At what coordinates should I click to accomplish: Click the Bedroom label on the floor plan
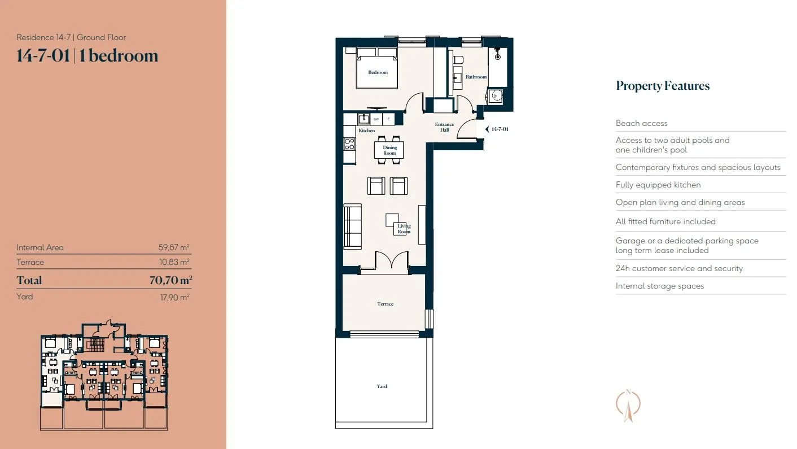[x=378, y=72]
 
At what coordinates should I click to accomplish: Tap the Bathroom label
[x=476, y=77]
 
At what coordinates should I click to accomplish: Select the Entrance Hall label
[x=444, y=127]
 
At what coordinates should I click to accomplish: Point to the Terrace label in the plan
[x=386, y=304]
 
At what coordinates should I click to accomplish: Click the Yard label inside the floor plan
[x=382, y=386]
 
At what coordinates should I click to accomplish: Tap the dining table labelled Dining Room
[x=389, y=150]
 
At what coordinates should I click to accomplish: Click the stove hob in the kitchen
[x=349, y=144]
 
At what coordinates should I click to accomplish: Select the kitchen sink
[x=364, y=119]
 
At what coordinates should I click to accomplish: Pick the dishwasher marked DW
[x=376, y=119]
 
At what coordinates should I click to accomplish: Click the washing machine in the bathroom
[x=495, y=96]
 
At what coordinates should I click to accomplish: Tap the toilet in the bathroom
[x=458, y=60]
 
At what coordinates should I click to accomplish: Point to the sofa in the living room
[x=353, y=226]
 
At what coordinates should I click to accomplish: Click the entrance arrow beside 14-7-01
[x=487, y=129]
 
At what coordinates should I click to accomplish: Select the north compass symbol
[x=628, y=405]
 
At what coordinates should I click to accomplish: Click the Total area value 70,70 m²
[x=171, y=280]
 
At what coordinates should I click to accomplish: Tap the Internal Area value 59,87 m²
[x=174, y=247]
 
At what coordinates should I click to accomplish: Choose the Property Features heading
[x=663, y=86]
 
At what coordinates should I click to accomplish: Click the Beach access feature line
[x=642, y=123]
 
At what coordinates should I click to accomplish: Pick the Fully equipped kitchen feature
[x=658, y=185]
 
